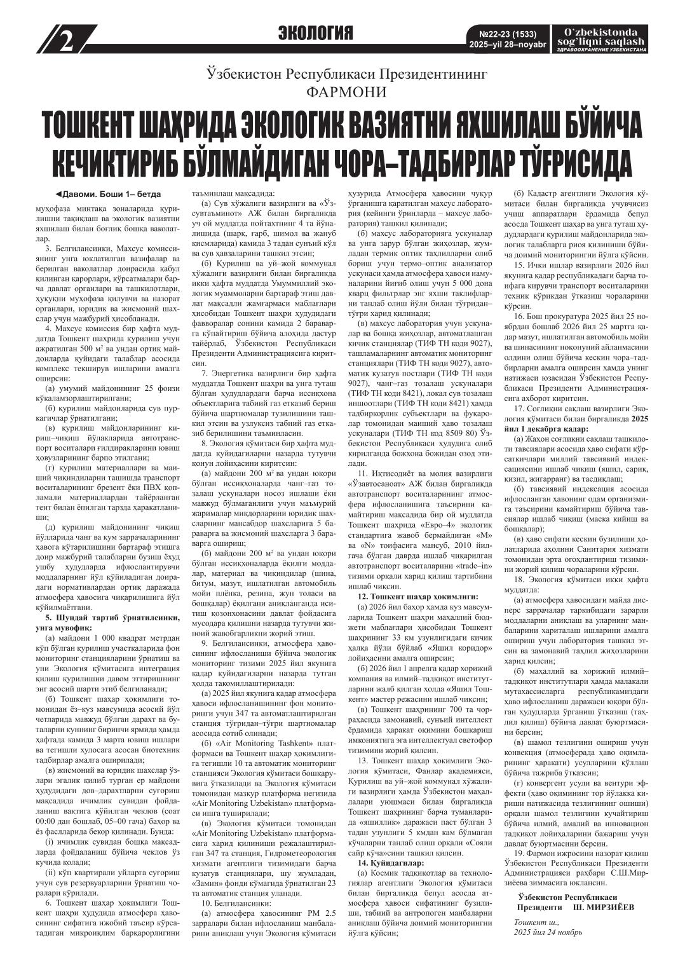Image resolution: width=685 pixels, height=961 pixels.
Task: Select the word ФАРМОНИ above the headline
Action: pos(346,92)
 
